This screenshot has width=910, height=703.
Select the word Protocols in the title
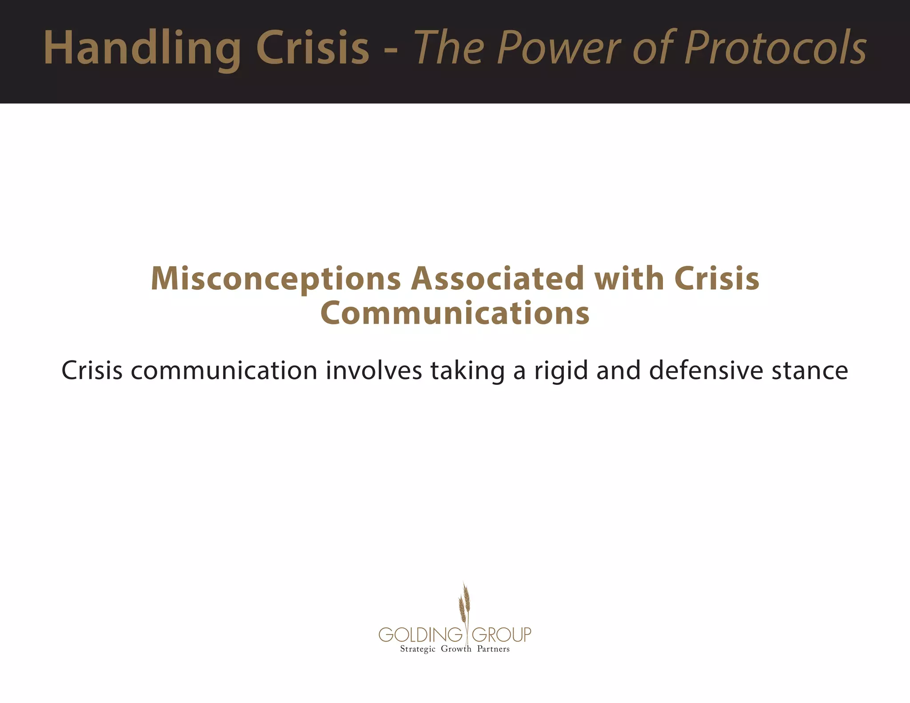tap(775, 48)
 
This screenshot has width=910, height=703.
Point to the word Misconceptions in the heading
tap(275, 279)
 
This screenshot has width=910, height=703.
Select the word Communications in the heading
tap(455, 313)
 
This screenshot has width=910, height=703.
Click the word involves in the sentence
tap(374, 371)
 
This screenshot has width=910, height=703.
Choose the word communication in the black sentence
tap(224, 371)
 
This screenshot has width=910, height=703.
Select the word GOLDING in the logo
tap(420, 635)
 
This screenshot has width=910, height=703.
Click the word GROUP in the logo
tap(501, 635)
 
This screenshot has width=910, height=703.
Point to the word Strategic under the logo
tap(417, 649)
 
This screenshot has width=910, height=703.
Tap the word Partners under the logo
tap(493, 649)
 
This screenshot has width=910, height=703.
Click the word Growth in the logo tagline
tap(456, 649)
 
